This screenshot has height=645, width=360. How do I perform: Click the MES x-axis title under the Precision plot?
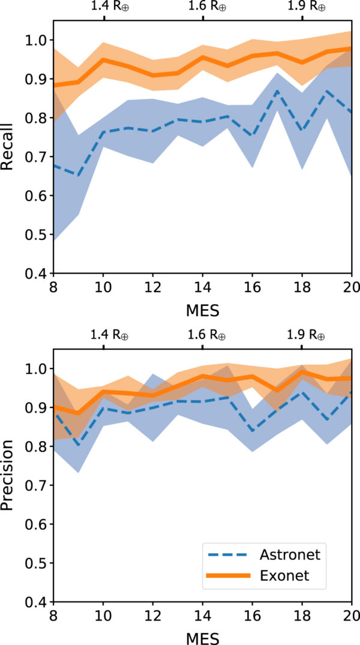click(x=202, y=636)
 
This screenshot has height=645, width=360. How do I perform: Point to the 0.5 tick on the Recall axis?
click(x=36, y=235)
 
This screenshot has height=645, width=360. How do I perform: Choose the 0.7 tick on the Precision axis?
click(x=36, y=485)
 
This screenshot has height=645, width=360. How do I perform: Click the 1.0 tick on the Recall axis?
click(x=36, y=40)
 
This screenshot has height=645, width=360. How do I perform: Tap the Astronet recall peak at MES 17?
click(x=277, y=91)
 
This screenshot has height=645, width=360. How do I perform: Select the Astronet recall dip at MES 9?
click(x=78, y=175)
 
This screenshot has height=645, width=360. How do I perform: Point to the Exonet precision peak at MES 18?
click(x=302, y=372)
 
